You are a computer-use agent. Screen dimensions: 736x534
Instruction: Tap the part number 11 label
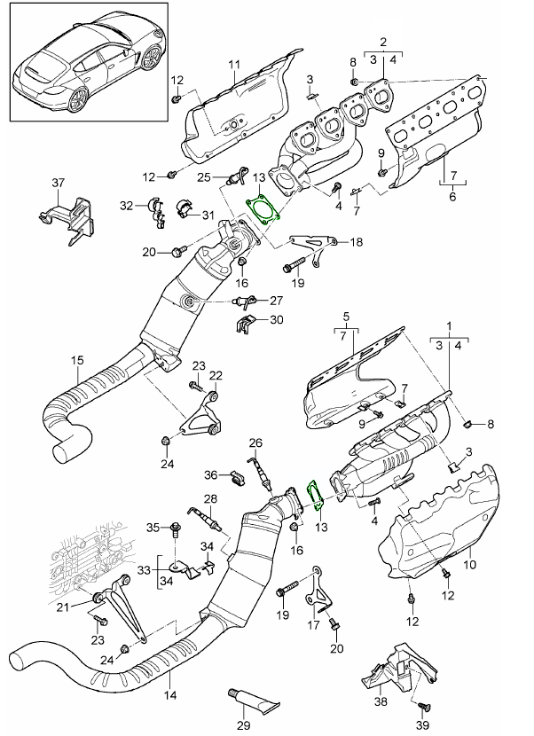(x=234, y=65)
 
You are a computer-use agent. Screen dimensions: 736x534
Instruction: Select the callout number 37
(x=59, y=183)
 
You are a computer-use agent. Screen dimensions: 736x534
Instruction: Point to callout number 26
(x=255, y=442)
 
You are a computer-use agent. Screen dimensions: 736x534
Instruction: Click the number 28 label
(x=210, y=499)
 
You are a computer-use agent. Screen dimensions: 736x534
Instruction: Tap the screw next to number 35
(x=176, y=529)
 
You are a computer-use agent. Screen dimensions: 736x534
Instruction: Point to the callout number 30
(x=276, y=320)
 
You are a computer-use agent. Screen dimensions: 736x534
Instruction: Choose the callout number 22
(x=216, y=375)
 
